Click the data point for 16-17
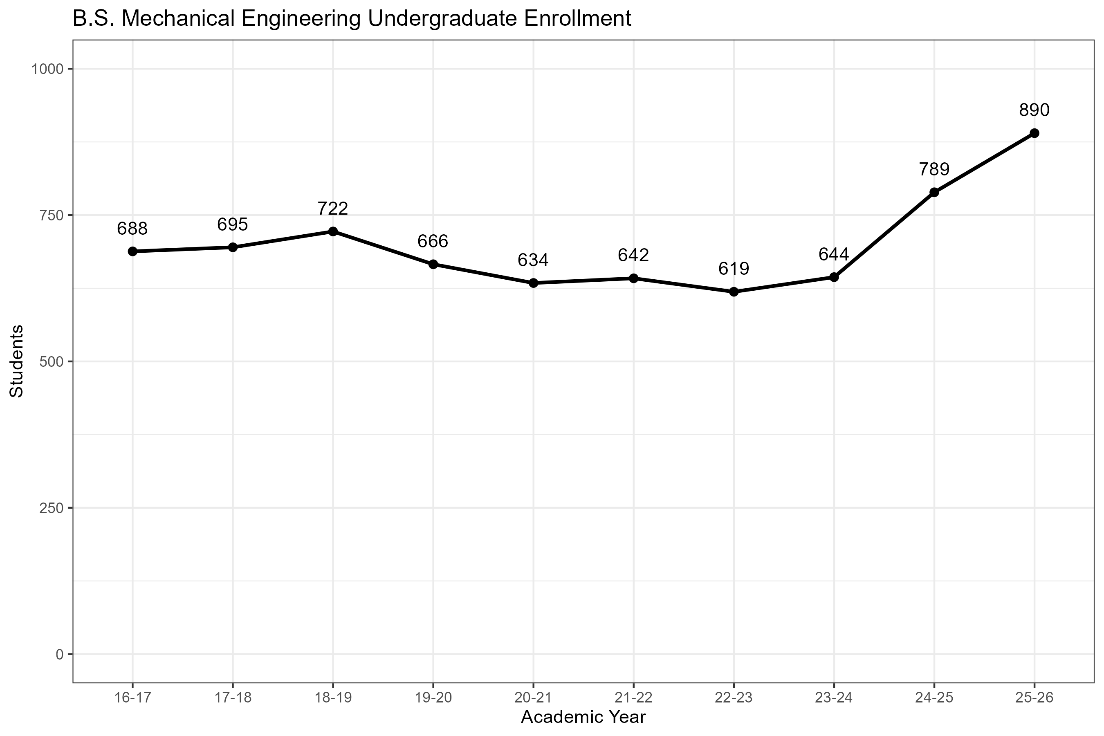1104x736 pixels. [x=132, y=251]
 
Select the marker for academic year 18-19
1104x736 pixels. [x=333, y=231]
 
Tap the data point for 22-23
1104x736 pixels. [x=734, y=292]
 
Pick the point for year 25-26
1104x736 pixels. [x=1034, y=133]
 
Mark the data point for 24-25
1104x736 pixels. [x=934, y=193]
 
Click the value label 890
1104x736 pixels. [x=1034, y=110]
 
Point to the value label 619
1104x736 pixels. [x=734, y=269]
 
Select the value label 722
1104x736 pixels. [x=333, y=209]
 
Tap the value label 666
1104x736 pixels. [x=433, y=241]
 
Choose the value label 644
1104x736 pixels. [x=834, y=254]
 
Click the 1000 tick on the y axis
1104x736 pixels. [x=47, y=70]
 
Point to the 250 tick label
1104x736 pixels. [x=51, y=508]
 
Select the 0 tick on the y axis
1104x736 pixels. [x=60, y=654]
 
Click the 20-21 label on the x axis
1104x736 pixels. [x=533, y=698]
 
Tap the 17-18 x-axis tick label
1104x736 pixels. [x=233, y=698]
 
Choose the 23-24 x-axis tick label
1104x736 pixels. [x=834, y=698]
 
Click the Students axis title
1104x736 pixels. [x=17, y=361]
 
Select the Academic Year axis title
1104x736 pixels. [x=583, y=717]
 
